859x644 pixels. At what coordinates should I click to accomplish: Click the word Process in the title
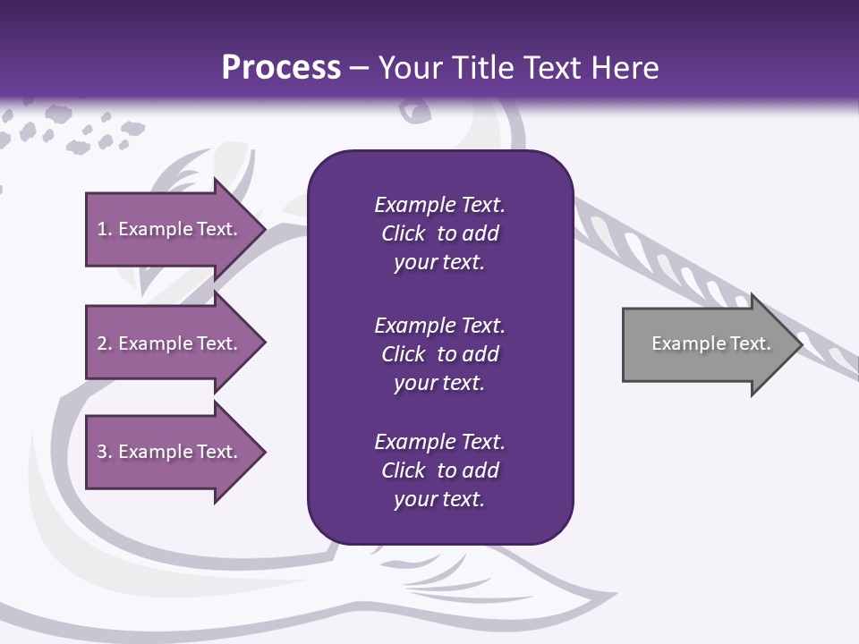(x=281, y=68)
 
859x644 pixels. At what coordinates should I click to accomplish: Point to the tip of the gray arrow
(x=800, y=344)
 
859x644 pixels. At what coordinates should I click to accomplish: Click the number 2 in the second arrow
(x=102, y=343)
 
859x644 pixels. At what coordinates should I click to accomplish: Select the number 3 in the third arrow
(x=102, y=452)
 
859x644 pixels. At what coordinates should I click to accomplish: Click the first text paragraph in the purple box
(x=439, y=233)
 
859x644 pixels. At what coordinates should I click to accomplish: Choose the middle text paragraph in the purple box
(x=439, y=354)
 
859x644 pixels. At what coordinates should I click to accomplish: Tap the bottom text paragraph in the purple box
(x=439, y=470)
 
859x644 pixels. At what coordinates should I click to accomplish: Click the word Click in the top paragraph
(x=403, y=233)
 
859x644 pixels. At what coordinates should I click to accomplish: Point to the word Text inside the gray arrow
(x=751, y=343)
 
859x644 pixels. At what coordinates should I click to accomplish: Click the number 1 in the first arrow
(x=102, y=229)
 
